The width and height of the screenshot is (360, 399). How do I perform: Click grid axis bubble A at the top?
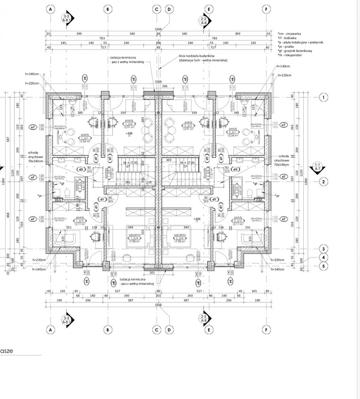[x=50, y=9]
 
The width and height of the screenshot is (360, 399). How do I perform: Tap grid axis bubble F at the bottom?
[x=266, y=330]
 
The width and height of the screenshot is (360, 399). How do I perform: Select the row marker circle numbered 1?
[x=323, y=97]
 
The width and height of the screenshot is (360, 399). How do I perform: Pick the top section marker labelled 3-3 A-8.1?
[x=67, y=19]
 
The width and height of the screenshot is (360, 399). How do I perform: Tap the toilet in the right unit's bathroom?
[x=264, y=192]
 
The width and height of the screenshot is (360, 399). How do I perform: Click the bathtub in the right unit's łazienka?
[x=234, y=190]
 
